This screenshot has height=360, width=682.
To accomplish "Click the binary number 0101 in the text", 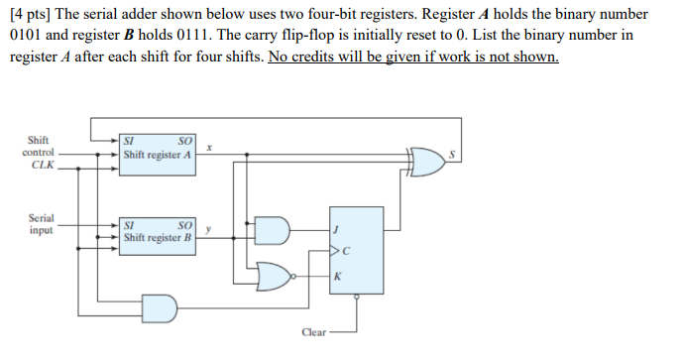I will [x=25, y=36].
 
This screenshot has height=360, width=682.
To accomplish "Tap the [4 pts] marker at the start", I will [x=28, y=15].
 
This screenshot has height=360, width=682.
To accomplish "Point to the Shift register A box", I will [x=159, y=155].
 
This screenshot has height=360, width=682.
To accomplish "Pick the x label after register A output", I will [x=211, y=146].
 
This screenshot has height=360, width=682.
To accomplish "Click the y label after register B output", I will [x=210, y=228].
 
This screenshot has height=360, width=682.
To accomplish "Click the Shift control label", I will [x=39, y=146].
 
